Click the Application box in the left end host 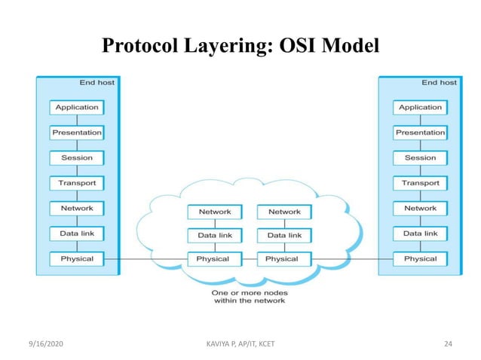pyautogui.click(x=77, y=108)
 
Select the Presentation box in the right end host pyautogui.click(x=420, y=133)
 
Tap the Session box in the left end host pyautogui.click(x=77, y=158)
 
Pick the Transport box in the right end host pyautogui.click(x=420, y=183)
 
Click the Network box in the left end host pyautogui.click(x=77, y=208)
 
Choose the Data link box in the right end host pyautogui.click(x=420, y=233)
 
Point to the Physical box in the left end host pyautogui.click(x=77, y=258)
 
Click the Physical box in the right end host pyautogui.click(x=420, y=258)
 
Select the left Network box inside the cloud pyautogui.click(x=214, y=212)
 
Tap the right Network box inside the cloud pyautogui.click(x=283, y=212)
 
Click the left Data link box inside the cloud pyautogui.click(x=214, y=236)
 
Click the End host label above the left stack pyautogui.click(x=97, y=82)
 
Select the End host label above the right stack pyautogui.click(x=439, y=82)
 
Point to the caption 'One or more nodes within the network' pyautogui.click(x=249, y=297)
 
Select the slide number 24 pyautogui.click(x=448, y=343)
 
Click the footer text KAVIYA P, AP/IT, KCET pyautogui.click(x=240, y=343)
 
